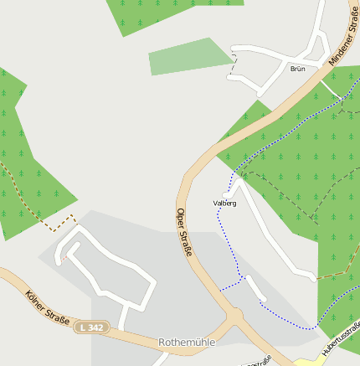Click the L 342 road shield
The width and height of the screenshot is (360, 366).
(90, 327)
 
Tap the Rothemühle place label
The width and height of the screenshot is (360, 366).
(187, 343)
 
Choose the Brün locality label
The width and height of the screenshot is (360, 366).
(297, 69)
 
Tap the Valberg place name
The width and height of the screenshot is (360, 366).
(224, 203)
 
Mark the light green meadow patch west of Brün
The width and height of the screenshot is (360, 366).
(188, 58)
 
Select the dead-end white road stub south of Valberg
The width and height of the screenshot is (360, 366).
(255, 289)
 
